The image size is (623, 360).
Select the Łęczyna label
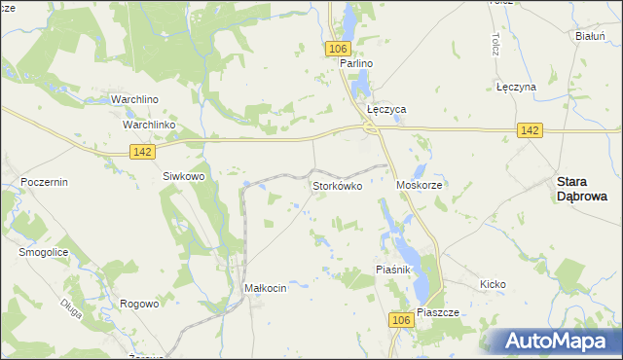pyautogui.click(x=516, y=87)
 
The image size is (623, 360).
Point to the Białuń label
pyautogui.click(x=592, y=36)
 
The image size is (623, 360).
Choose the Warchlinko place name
pyautogui.click(x=148, y=126)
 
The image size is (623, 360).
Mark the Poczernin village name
pyautogui.click(x=43, y=182)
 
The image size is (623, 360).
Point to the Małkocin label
pyautogui.click(x=265, y=288)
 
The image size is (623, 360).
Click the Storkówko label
pyautogui.click(x=337, y=185)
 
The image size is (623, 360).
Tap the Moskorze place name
pyautogui.click(x=421, y=185)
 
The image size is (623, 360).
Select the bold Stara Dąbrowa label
pyautogui.click(x=582, y=188)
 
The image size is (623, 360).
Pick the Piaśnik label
pyautogui.click(x=395, y=270)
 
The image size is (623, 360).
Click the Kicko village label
pyautogui.click(x=493, y=284)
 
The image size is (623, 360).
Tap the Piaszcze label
pyautogui.click(x=437, y=313)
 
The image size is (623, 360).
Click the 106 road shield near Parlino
pyautogui.click(x=338, y=49)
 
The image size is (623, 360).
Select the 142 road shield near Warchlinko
pyautogui.click(x=141, y=150)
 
